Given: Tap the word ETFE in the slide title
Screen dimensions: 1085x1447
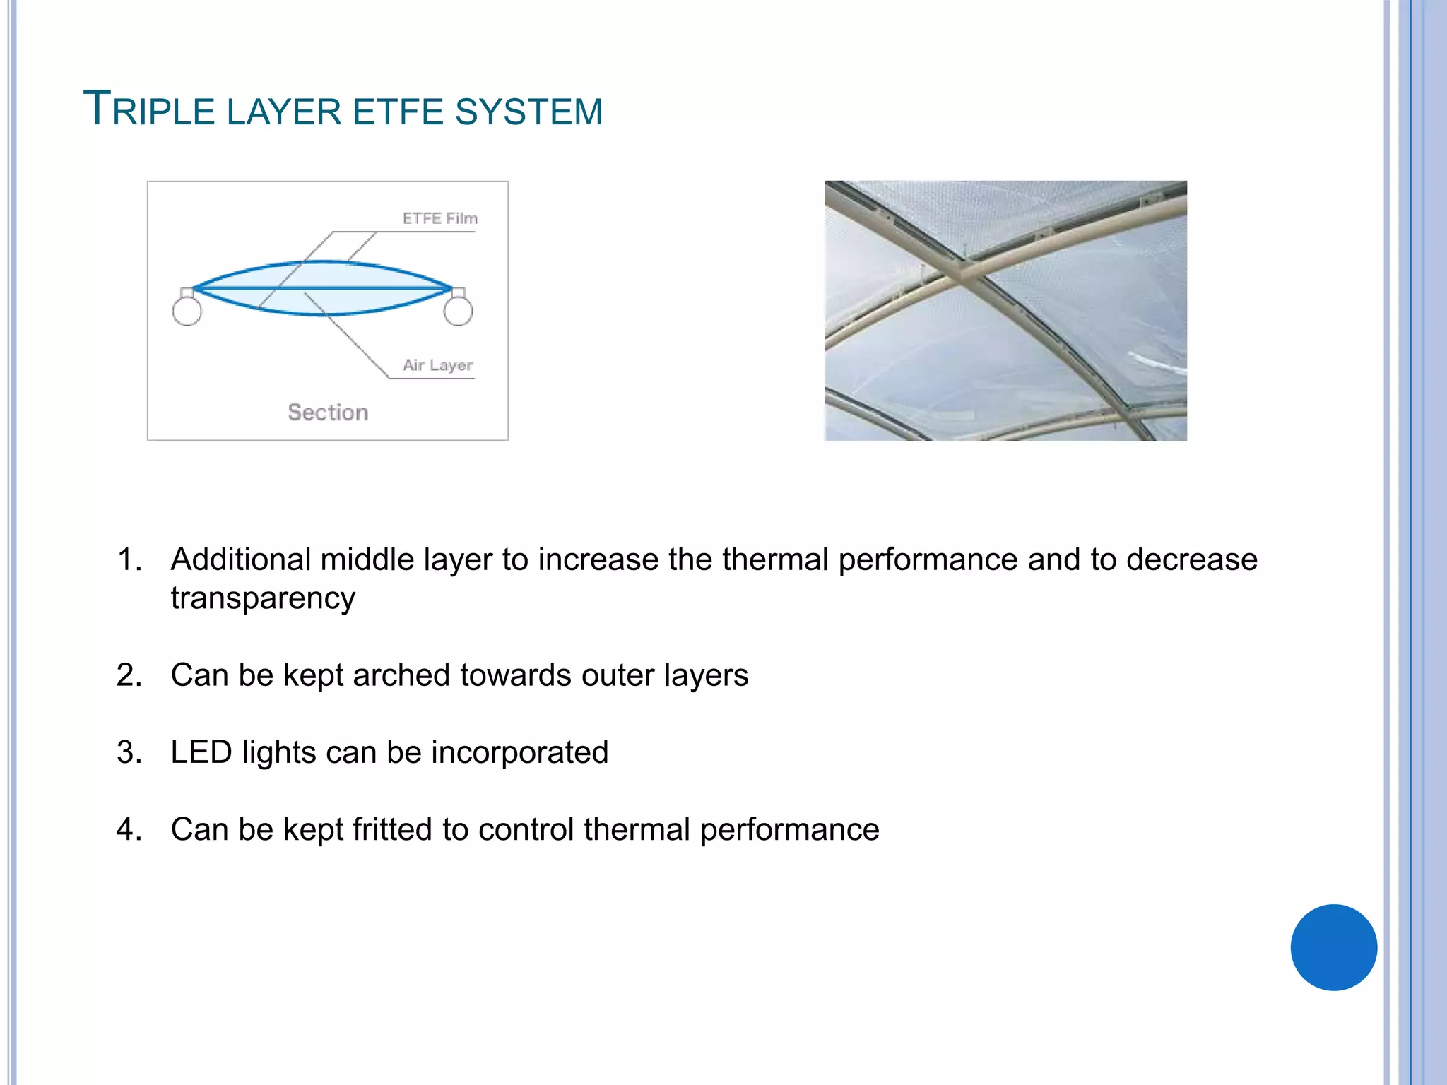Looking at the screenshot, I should click(x=398, y=112).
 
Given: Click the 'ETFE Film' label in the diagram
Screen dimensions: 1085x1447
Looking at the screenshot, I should click(x=439, y=218).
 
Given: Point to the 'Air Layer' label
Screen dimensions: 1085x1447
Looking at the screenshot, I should click(x=437, y=364).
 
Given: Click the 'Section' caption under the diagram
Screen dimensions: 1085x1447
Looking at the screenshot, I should click(x=328, y=412).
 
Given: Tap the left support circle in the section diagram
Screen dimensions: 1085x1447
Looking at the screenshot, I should click(x=187, y=311).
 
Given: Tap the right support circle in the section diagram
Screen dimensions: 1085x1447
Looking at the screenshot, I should click(x=458, y=311).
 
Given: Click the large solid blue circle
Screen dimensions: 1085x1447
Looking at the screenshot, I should click(x=1333, y=947).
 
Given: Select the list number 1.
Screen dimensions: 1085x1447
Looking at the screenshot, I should click(x=128, y=559).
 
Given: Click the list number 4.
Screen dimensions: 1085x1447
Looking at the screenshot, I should click(x=128, y=829).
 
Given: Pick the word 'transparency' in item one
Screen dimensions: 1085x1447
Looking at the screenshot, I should click(x=263, y=598).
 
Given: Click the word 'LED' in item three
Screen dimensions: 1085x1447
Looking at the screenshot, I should click(x=201, y=752).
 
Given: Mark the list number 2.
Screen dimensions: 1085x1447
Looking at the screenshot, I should click(x=128, y=675).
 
